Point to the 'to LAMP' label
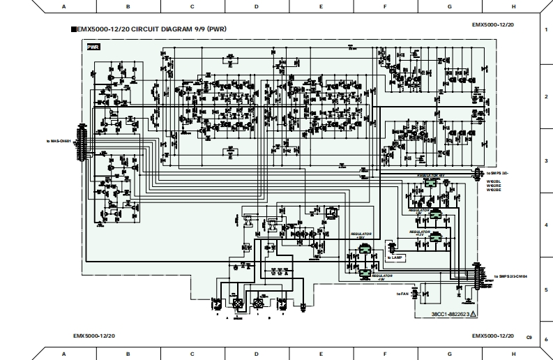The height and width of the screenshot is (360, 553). point(395,257)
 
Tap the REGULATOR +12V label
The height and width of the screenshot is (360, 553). point(419,232)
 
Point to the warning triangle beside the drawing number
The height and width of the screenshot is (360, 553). point(474,315)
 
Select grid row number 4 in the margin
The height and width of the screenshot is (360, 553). point(545,225)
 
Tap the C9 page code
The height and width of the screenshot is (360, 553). point(529,337)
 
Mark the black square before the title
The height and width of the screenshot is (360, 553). point(73,30)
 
